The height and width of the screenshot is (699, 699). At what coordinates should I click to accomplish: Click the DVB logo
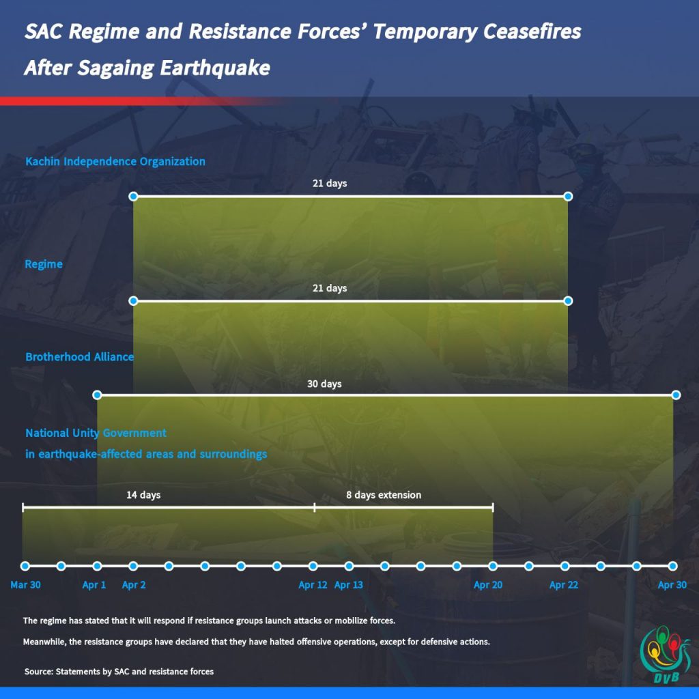tap(665, 655)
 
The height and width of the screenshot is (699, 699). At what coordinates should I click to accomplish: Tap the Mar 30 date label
tap(25, 585)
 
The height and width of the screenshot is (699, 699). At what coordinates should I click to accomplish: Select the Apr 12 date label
tap(313, 585)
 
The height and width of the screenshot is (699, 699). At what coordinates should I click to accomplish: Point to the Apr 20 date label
tap(488, 585)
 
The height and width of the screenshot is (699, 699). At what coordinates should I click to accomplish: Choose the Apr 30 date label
tap(672, 585)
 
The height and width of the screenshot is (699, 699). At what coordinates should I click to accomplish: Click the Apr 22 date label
tap(564, 585)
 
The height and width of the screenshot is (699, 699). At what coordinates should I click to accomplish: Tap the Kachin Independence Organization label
tap(115, 161)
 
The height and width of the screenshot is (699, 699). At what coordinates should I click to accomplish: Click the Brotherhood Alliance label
tap(79, 356)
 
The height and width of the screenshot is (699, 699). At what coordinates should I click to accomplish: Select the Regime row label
tap(44, 264)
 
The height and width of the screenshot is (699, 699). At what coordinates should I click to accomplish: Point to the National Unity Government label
tap(96, 433)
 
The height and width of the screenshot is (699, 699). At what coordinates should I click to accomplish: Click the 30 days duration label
tap(324, 384)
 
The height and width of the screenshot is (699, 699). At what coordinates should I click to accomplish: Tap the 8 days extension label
tap(384, 495)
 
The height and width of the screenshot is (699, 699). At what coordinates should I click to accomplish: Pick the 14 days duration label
tap(143, 495)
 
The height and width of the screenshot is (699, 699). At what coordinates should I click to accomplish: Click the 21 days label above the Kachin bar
tap(330, 183)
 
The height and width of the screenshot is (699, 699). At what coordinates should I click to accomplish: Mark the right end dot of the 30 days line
tap(676, 395)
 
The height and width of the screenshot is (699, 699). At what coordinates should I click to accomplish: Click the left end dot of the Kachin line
tap(133, 197)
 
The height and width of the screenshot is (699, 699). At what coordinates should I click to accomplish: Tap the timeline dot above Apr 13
tap(349, 566)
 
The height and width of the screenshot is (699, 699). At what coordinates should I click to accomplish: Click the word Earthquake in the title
tap(215, 68)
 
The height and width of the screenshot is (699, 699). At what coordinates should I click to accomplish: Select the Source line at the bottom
tap(119, 672)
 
